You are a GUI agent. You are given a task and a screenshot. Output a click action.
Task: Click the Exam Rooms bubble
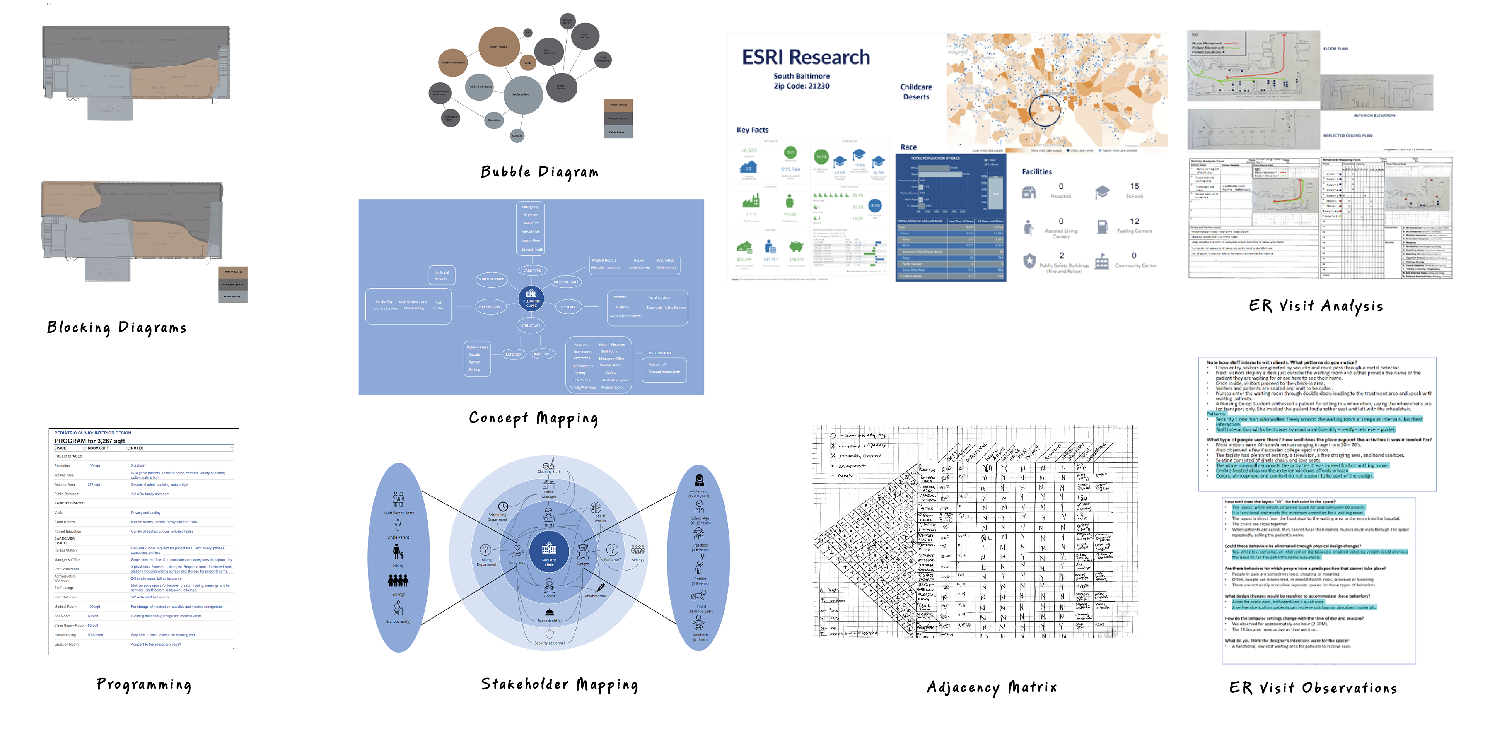498,46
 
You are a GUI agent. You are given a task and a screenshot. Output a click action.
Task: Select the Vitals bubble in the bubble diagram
527,63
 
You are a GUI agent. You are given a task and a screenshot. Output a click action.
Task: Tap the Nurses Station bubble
561,87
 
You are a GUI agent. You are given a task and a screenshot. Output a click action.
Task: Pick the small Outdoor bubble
517,135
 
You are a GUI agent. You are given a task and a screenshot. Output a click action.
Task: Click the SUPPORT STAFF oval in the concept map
491,279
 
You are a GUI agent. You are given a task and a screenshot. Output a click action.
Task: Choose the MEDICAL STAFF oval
566,282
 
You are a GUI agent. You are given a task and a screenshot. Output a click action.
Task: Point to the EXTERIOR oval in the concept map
513,354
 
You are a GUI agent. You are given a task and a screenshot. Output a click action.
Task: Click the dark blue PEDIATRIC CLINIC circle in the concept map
531,298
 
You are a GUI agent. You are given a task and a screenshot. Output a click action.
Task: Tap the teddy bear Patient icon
583,552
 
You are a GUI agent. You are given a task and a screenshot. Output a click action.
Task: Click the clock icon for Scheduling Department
503,506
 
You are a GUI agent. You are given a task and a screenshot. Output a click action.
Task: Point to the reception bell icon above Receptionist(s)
550,612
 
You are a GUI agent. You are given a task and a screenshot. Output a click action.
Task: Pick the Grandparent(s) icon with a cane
398,608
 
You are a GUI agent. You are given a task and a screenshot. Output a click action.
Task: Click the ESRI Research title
805,57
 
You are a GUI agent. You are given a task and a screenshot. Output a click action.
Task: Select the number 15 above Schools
1134,186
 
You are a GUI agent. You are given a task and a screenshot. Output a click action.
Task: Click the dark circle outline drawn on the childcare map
1044,110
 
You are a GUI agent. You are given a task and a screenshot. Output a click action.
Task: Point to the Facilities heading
1036,172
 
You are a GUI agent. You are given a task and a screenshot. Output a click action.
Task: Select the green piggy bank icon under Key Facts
796,247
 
